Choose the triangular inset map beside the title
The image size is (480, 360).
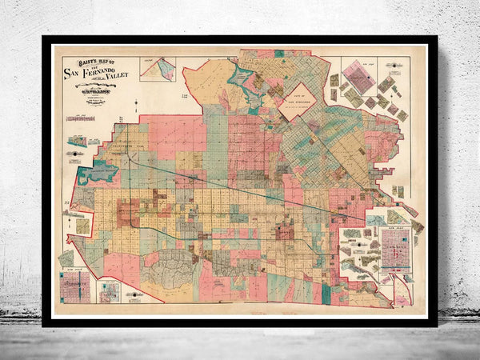[158, 69]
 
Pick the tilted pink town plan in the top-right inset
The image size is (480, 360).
[358, 77]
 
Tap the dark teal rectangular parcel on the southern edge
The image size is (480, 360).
[326, 294]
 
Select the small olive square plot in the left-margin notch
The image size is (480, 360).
[82, 226]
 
